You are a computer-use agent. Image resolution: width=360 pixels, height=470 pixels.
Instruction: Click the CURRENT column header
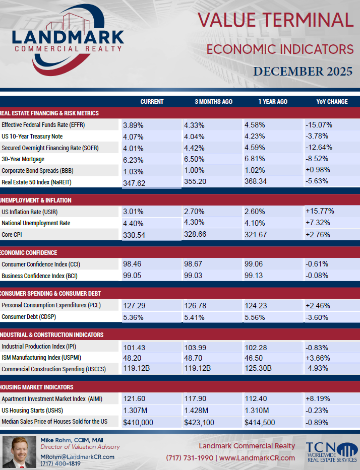[152, 102]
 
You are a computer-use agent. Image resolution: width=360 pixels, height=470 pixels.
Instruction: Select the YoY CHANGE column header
[332, 102]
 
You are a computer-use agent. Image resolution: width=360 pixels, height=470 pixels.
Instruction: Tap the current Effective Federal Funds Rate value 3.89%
[133, 125]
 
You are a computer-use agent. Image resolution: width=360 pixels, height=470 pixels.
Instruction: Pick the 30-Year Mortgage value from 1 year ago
[255, 159]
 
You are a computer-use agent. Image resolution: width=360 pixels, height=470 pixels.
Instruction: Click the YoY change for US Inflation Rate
[320, 211]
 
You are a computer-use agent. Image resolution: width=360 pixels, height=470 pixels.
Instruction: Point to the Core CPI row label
[12, 234]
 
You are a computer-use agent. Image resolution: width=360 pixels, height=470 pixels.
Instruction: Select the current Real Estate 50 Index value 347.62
[134, 183]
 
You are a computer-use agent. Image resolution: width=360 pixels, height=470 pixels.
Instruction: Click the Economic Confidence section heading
[29, 253]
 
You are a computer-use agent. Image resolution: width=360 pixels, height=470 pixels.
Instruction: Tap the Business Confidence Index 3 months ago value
[193, 275]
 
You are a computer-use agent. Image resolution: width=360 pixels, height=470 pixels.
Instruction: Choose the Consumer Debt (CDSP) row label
[29, 316]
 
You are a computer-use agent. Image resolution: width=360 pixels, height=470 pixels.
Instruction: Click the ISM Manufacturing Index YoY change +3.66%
[318, 358]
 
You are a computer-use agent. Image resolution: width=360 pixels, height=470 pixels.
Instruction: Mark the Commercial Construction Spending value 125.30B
[258, 368]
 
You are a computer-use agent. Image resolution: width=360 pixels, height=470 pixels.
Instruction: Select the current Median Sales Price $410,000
[138, 422]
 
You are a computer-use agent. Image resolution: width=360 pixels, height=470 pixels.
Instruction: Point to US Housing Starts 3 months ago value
[196, 411]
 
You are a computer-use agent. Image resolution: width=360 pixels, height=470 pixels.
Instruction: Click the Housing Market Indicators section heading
[37, 387]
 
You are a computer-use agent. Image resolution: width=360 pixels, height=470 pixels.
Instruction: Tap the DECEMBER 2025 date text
[303, 72]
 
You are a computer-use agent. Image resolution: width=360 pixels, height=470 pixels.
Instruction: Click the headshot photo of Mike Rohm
[20, 452]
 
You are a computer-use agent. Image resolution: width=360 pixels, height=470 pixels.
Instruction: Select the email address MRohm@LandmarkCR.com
[78, 457]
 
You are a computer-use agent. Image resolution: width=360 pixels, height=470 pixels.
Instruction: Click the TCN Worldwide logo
[331, 452]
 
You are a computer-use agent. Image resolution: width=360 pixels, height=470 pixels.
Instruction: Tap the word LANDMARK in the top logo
[68, 37]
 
